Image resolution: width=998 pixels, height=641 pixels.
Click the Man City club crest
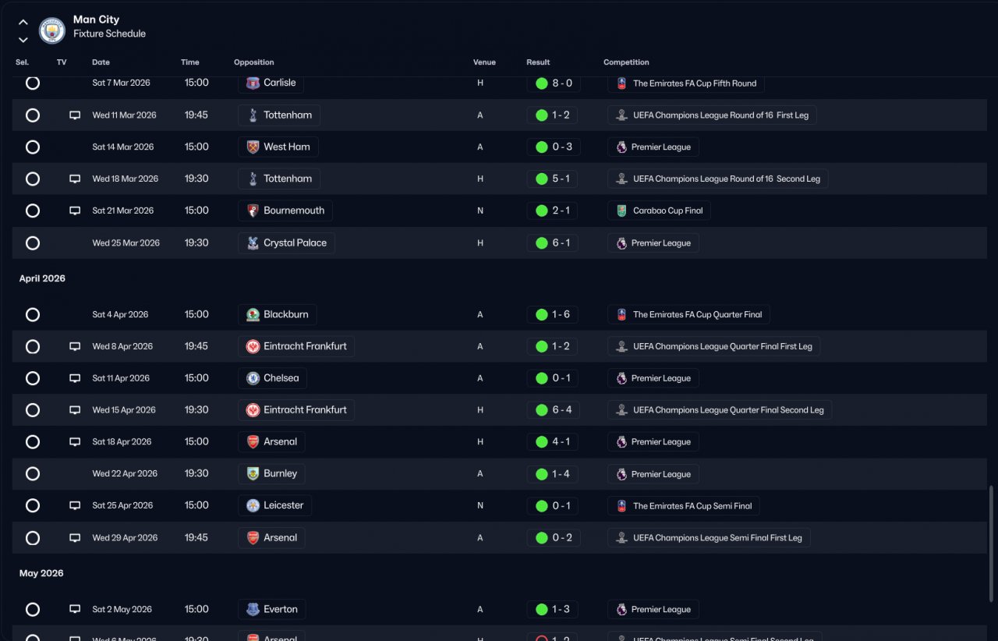coord(52,30)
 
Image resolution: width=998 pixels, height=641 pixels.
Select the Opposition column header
coord(253,62)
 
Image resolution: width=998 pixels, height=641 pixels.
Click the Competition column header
coord(626,62)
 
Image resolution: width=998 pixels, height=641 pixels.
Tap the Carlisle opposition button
coord(271,83)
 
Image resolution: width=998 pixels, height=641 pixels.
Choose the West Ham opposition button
coord(278,147)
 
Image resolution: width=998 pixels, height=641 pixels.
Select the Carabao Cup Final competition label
coord(659,211)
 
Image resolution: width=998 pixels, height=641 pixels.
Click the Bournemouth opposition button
coord(285,211)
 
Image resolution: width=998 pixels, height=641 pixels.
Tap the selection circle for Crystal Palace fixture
coord(33,243)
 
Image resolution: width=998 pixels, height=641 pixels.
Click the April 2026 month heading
coord(42,278)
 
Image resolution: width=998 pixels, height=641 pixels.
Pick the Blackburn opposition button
coord(277,314)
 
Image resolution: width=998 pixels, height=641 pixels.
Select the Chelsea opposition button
coord(272,378)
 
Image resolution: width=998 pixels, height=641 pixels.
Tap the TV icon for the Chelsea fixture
coord(75,378)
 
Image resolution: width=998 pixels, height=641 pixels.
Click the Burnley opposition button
coord(271,473)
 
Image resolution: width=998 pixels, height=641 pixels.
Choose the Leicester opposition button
coord(274,505)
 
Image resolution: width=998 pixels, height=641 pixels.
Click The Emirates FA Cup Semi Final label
coord(683,506)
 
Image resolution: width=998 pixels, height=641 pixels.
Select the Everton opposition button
coord(271,609)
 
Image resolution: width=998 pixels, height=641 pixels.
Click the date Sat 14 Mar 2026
coord(122,147)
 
